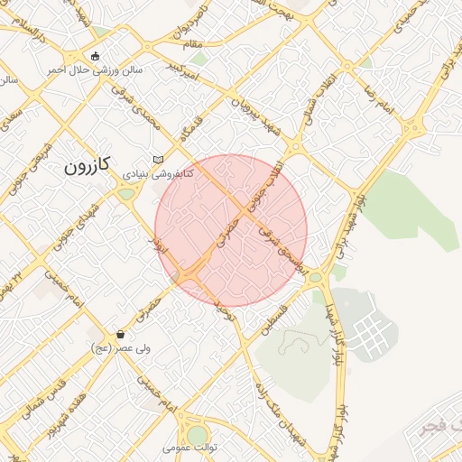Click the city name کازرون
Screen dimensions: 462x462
pos(87,165)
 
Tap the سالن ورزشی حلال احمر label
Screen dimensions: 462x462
pos(94,69)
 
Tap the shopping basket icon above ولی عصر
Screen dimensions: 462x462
pos(120,335)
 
